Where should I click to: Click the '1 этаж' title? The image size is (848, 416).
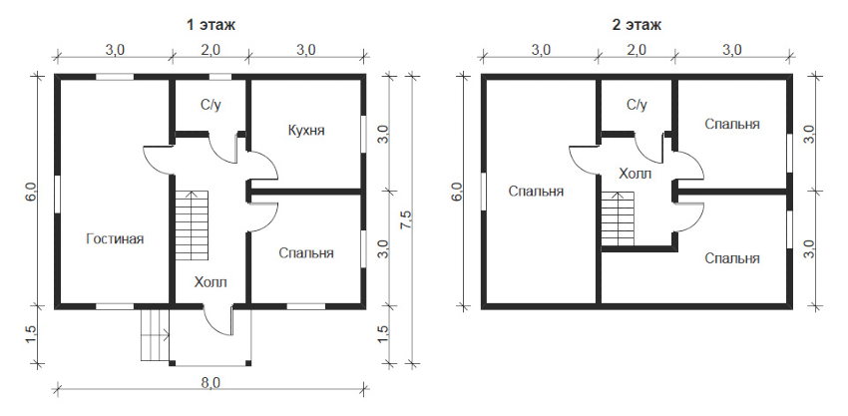click(x=211, y=25)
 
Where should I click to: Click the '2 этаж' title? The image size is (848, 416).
click(x=636, y=25)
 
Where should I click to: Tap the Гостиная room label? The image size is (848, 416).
click(x=115, y=238)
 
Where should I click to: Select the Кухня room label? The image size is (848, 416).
click(x=306, y=131)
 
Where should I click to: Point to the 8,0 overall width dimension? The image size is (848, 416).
click(x=211, y=382)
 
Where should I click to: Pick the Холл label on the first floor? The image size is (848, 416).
click(x=211, y=282)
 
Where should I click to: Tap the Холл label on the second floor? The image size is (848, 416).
click(x=635, y=174)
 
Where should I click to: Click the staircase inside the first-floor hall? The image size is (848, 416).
click(x=192, y=225)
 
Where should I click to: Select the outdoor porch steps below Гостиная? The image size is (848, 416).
click(x=156, y=334)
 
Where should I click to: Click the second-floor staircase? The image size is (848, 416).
click(x=619, y=218)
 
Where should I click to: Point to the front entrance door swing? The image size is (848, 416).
click(x=219, y=320)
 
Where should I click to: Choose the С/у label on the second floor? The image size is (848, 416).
click(x=636, y=105)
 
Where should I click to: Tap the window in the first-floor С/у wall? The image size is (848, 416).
click(x=220, y=76)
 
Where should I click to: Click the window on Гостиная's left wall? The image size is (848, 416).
click(x=57, y=193)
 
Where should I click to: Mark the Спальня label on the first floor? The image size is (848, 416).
click(x=306, y=252)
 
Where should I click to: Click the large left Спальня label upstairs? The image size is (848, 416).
click(x=536, y=191)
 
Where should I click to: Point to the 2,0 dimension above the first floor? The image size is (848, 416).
click(x=211, y=50)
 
